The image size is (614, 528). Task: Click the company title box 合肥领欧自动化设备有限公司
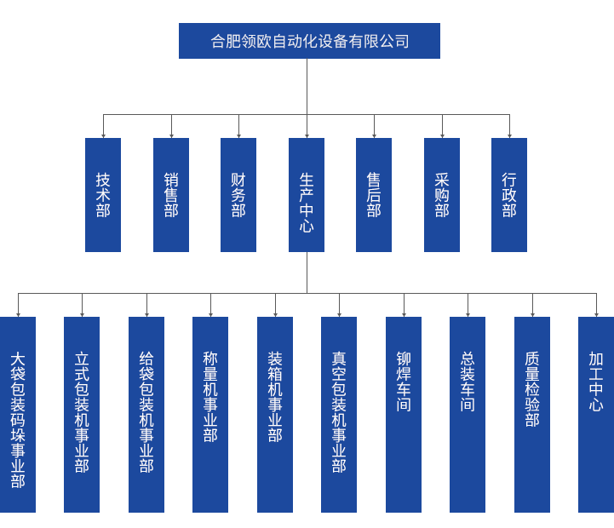pyautogui.click(x=308, y=40)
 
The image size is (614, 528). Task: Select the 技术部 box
pyautogui.click(x=102, y=194)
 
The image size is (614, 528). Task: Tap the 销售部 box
pyautogui.click(x=170, y=194)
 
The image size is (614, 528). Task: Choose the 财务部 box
pyautogui.click(x=238, y=194)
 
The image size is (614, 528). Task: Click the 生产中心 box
pyautogui.click(x=306, y=194)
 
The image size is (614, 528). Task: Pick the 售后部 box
pyautogui.click(x=373, y=194)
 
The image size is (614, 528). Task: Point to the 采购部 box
pyautogui.click(x=441, y=194)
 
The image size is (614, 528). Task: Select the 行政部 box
pyautogui.click(x=508, y=194)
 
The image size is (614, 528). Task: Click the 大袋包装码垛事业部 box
pyautogui.click(x=18, y=414)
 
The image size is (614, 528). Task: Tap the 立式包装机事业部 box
pyautogui.click(x=81, y=414)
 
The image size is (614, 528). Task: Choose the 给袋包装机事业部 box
pyautogui.click(x=146, y=414)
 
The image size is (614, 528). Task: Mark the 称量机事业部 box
pyautogui.click(x=209, y=414)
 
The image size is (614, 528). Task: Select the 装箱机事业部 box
pyautogui.click(x=274, y=414)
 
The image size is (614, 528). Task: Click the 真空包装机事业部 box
pyautogui.click(x=338, y=414)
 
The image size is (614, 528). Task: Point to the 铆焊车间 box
pyautogui.click(x=403, y=414)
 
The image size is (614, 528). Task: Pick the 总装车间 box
pyautogui.click(x=467, y=414)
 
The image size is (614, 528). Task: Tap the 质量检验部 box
pyautogui.click(x=531, y=414)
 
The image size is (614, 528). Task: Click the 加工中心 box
pyautogui.click(x=595, y=414)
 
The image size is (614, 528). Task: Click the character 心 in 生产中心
pyautogui.click(x=307, y=227)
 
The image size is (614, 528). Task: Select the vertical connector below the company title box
pyautogui.click(x=307, y=85)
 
